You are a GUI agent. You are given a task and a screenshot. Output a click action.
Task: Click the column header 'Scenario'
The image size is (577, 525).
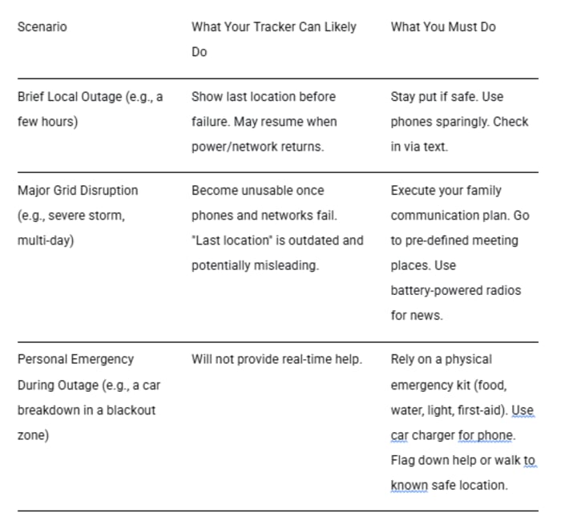coord(42,27)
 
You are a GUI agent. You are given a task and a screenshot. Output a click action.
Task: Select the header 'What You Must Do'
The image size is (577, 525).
coord(442,27)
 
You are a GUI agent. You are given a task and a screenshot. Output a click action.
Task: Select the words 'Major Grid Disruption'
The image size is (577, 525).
coord(77,191)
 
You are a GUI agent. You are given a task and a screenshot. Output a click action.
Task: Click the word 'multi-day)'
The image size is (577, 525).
coord(46,240)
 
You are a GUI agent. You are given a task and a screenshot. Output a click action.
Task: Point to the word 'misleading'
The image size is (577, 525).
coord(287,265)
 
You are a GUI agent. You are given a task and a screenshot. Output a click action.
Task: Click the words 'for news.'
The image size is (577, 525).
coord(416,316)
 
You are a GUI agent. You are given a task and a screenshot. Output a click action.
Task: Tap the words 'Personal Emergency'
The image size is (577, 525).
coord(75,360)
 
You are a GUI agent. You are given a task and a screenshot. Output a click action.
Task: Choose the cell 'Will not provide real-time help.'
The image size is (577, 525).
coord(276,360)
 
